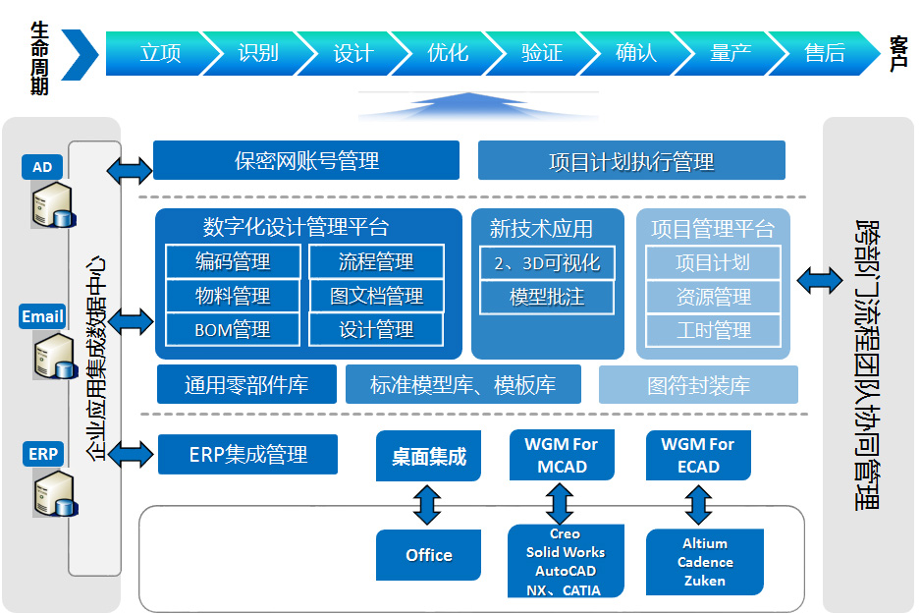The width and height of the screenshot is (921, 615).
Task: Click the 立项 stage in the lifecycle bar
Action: click(160, 53)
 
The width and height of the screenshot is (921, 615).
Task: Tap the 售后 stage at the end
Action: click(825, 53)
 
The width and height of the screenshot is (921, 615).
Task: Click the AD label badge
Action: click(42, 167)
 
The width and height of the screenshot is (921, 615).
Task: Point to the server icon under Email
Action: click(55, 357)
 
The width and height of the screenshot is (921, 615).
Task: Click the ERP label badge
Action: click(43, 454)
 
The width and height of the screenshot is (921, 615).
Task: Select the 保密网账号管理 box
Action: click(306, 160)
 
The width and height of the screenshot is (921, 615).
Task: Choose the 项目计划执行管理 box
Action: click(631, 160)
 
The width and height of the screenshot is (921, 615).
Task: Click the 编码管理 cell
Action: click(233, 261)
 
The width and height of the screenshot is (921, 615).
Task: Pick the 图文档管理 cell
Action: click(376, 295)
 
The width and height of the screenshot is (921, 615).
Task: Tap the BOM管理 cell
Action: click(233, 329)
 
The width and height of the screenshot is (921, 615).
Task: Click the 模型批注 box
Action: click(548, 297)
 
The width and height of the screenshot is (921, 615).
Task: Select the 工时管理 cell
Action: click(713, 330)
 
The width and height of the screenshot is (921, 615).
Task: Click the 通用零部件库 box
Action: click(246, 384)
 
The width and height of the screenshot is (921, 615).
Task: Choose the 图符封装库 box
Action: click(698, 384)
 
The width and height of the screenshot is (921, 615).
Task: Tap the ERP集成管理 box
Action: click(247, 454)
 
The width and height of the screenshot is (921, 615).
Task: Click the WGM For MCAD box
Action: click(562, 455)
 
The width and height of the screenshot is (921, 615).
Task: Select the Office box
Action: click(429, 555)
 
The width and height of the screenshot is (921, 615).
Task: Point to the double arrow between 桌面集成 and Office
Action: click(427, 505)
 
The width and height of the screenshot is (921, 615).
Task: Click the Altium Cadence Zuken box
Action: click(705, 562)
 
